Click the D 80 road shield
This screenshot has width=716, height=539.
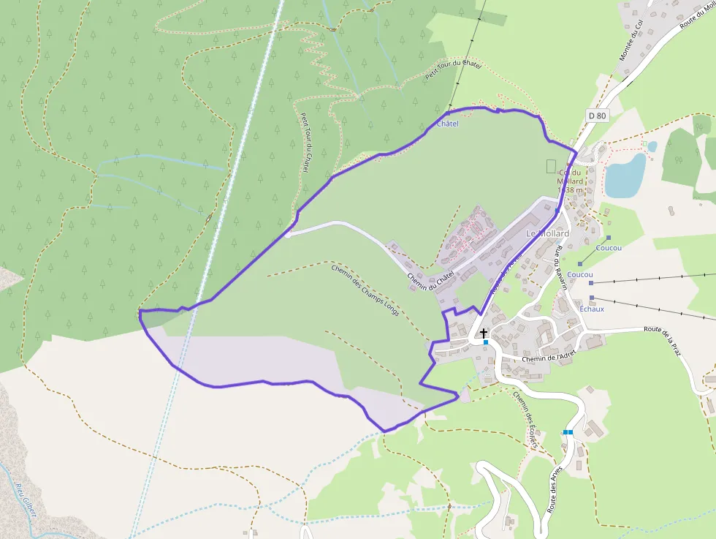click(597, 116)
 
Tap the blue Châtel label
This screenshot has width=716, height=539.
click(447, 124)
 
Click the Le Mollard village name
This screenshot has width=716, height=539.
click(547, 233)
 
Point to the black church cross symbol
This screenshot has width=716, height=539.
click(484, 333)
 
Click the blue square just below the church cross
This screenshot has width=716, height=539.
click(485, 342)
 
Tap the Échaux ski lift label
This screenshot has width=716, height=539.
click(592, 309)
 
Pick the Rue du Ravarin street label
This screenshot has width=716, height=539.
click(560, 269)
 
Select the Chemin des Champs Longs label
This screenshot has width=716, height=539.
click(365, 290)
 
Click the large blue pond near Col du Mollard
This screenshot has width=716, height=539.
click(625, 176)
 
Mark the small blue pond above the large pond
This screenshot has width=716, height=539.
click(652, 146)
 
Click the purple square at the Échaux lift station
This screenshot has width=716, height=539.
click(592, 298)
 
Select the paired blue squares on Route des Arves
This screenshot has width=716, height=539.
click(568, 432)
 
